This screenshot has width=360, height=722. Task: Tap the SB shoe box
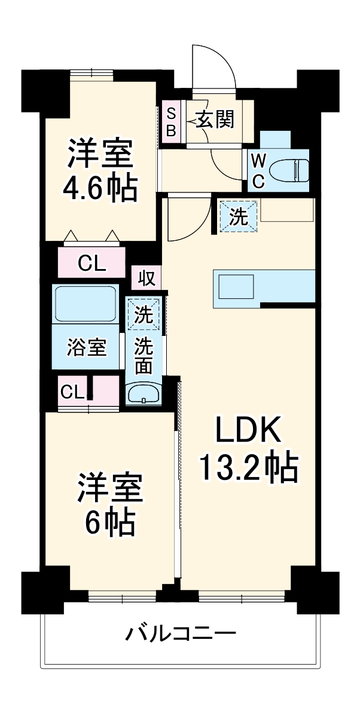[170, 122]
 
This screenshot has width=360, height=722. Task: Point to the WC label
[258, 171]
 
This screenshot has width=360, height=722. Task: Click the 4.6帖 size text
[100, 189]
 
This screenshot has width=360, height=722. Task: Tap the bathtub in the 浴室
[86, 305]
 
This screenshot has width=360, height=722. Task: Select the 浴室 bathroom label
[87, 347]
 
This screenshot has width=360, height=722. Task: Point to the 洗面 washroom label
[144, 356]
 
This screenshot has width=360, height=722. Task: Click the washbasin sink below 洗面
[144, 394]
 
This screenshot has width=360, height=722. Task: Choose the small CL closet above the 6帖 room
[72, 391]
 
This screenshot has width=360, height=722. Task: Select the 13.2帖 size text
[248, 468]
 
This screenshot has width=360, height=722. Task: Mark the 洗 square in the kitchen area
[239, 216]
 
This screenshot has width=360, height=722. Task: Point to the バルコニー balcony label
[180, 633]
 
